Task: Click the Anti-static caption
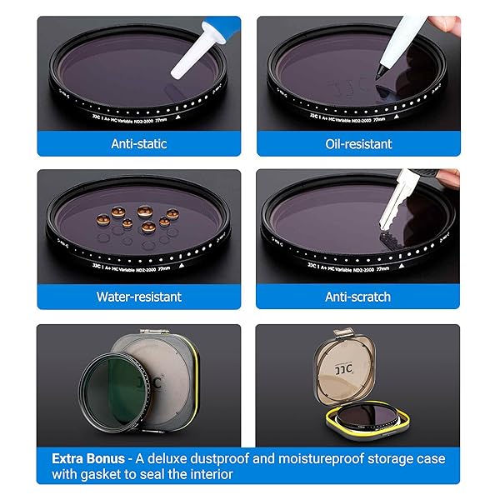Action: click(139, 144)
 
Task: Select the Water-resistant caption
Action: click(138, 297)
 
